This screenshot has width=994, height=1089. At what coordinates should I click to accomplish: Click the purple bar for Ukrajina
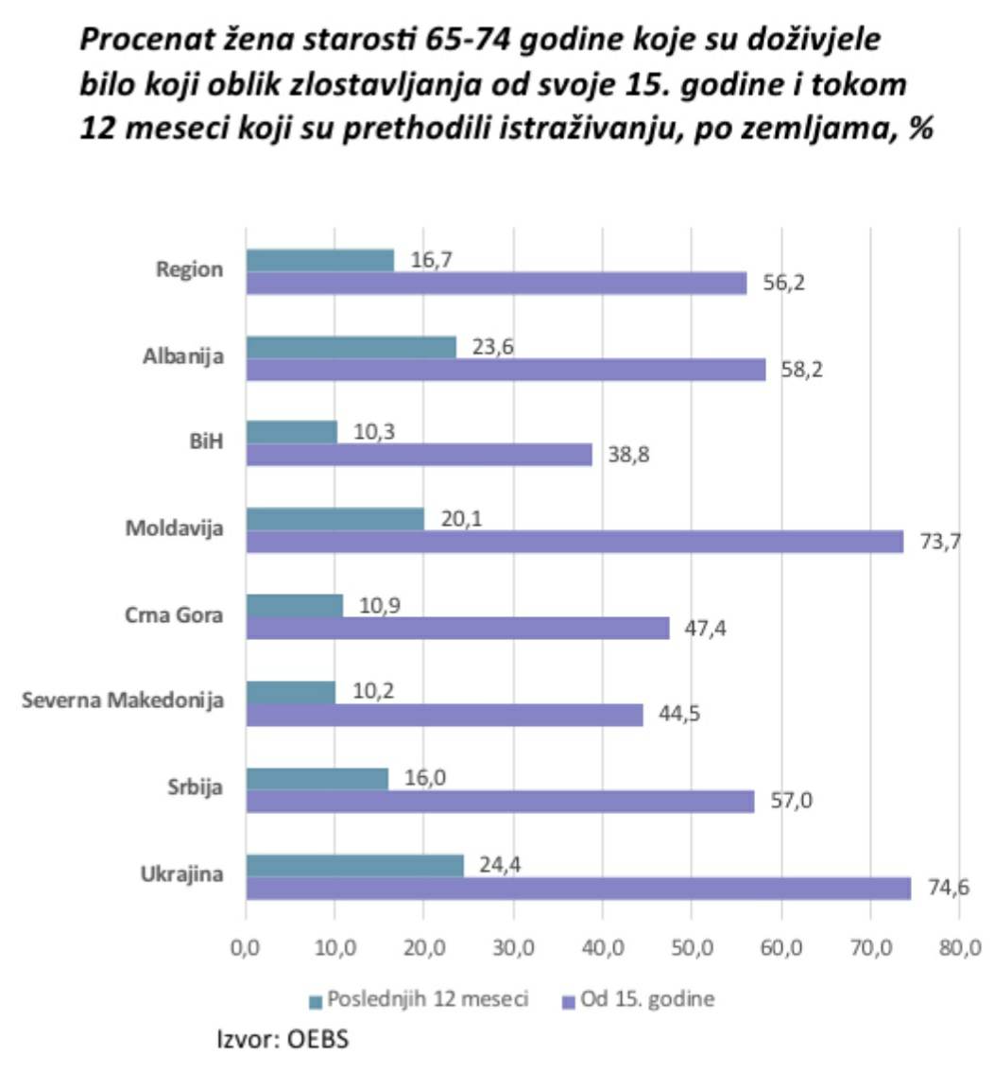point(578,889)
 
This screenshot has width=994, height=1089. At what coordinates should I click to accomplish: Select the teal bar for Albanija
point(351,347)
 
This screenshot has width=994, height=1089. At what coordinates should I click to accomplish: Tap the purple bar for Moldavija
point(574,542)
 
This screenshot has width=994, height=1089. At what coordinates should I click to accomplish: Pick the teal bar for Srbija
point(317,779)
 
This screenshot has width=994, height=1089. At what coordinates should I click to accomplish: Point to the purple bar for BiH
point(419,455)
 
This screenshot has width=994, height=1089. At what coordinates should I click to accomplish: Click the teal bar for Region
point(319,260)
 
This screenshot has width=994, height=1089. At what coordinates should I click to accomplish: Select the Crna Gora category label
point(174,615)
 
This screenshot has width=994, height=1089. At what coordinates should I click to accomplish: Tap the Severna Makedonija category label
point(123,701)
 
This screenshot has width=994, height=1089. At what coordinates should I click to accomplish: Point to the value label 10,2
point(373,691)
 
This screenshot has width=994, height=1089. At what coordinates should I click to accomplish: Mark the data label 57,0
point(792,802)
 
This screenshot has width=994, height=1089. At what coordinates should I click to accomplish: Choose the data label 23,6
point(492,346)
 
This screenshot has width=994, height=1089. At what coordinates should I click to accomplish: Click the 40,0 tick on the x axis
point(603,949)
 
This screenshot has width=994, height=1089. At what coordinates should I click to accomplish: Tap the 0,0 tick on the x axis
point(246,949)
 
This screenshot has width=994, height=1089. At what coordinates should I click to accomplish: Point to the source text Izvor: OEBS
point(283,1040)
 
